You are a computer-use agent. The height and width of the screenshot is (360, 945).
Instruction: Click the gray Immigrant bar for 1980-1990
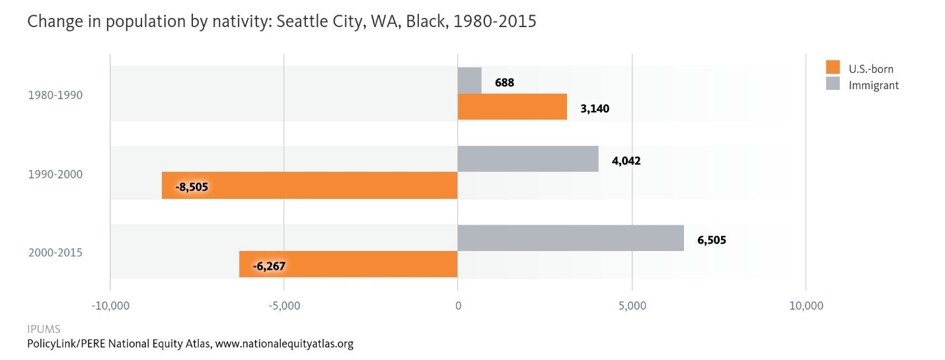tap(469, 80)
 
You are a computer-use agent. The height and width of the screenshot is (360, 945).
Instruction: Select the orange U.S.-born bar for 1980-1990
tap(512, 106)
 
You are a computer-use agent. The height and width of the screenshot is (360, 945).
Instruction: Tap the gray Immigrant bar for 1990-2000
tap(528, 159)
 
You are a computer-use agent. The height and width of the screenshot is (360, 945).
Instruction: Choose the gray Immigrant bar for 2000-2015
tap(570, 238)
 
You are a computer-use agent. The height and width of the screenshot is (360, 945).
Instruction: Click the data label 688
tap(504, 83)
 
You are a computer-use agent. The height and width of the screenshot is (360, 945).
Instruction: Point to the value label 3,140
tap(595, 109)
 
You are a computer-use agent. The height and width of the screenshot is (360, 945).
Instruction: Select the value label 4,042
tap(626, 161)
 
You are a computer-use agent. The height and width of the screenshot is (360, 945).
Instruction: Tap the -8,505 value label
tap(192, 187)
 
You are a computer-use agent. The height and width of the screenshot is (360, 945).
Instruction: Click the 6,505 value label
tap(712, 240)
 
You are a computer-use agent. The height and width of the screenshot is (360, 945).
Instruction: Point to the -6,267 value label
tap(270, 266)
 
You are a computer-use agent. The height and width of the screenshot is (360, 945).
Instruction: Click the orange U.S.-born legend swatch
tap(833, 68)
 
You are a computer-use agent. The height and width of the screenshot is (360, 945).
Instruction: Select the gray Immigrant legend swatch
tap(833, 85)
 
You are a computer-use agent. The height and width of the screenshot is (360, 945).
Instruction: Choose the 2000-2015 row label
tap(55, 252)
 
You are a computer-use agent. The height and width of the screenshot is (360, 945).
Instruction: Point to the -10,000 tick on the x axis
tap(110, 306)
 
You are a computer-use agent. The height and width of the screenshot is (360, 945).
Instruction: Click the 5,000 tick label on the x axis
tap(632, 306)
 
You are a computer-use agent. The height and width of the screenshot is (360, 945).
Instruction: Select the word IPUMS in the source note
tap(44, 329)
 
